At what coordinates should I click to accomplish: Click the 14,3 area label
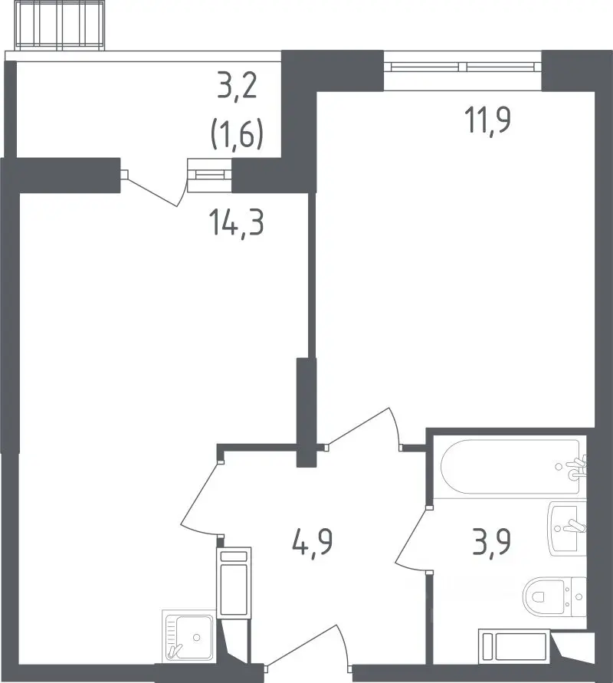point(238,223)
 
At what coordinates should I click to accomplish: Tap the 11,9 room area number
point(487,120)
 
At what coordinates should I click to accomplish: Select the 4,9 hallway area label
point(313,542)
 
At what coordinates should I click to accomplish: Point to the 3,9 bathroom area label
point(491,542)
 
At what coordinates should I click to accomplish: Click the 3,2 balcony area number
point(238,87)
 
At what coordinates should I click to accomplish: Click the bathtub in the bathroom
point(513,467)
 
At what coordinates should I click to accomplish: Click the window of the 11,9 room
point(462,67)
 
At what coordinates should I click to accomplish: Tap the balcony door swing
point(155,188)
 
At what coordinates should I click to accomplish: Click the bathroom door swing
point(411,539)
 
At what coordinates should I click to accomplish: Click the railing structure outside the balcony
point(60,25)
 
